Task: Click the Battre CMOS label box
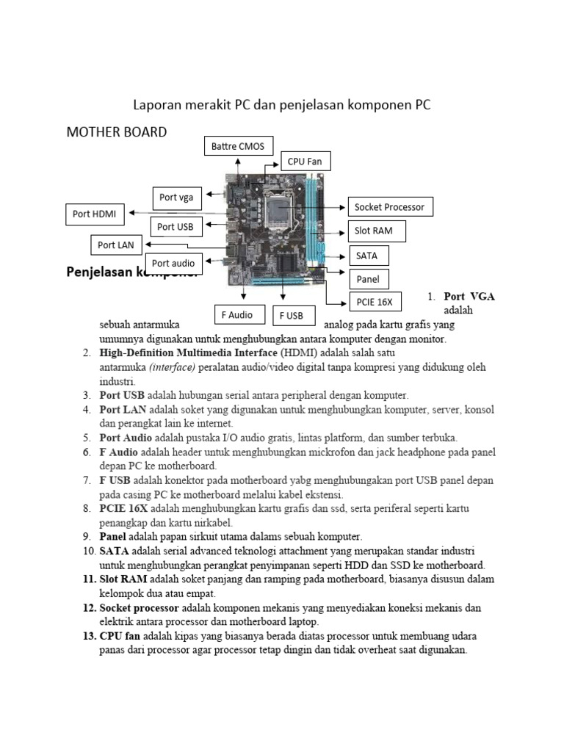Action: pyautogui.click(x=239, y=146)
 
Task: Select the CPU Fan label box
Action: pyautogui.click(x=305, y=162)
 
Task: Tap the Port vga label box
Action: pyautogui.click(x=177, y=198)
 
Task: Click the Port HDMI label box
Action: pyautogui.click(x=95, y=214)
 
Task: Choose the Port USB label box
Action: pyautogui.click(x=176, y=227)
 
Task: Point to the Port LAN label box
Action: pyautogui.click(x=117, y=245)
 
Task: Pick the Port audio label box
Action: pyautogui.click(x=173, y=263)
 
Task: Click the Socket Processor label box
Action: pyautogui.click(x=389, y=207)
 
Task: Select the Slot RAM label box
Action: pyautogui.click(x=375, y=231)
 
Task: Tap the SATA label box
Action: pyautogui.click(x=367, y=256)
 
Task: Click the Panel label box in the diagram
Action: pyautogui.click(x=367, y=279)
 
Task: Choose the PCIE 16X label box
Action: pyautogui.click(x=374, y=301)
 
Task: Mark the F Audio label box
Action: pyautogui.click(x=237, y=315)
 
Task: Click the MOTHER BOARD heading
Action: pyautogui.click(x=117, y=132)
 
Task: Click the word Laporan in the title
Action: pyautogui.click(x=156, y=105)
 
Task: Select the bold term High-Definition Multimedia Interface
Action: pyautogui.click(x=189, y=352)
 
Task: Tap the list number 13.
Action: pyautogui.click(x=88, y=635)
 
